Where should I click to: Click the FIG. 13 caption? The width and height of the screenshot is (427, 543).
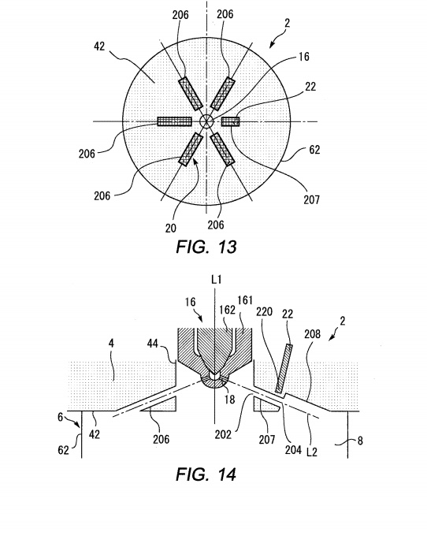pos(206,247)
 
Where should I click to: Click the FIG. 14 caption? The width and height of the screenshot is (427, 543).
pos(206,474)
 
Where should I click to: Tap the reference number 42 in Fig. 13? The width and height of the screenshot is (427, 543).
pos(99,46)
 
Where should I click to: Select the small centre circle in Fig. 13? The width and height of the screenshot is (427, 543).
pos(206,121)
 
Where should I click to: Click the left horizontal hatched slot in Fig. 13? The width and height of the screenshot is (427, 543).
pos(175,121)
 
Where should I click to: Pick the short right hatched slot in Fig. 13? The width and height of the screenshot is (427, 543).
pos(230,121)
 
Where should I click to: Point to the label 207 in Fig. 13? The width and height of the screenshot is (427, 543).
pos(312,199)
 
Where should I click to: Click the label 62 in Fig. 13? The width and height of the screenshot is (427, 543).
pos(314,150)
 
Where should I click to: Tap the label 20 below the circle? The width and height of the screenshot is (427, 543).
pos(170,228)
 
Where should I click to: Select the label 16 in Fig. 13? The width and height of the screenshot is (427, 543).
pos(303,57)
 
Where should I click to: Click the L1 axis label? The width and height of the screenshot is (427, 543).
pos(216,280)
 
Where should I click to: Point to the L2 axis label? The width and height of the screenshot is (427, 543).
pos(312,452)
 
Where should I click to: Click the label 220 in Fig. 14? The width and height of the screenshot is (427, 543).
pos(264,311)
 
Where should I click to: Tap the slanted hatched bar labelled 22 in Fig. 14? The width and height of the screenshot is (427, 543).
pos(284,369)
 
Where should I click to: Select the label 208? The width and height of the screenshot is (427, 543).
pos(312,334)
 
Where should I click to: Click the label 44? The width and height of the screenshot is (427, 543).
pos(153,343)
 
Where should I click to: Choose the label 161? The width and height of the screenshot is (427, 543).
pos(245,300)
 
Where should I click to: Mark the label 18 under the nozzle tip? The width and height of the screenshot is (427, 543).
pos(229,400)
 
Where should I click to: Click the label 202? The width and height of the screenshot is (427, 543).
pos(223,434)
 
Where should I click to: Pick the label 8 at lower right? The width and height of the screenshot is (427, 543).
pos(360,441)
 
